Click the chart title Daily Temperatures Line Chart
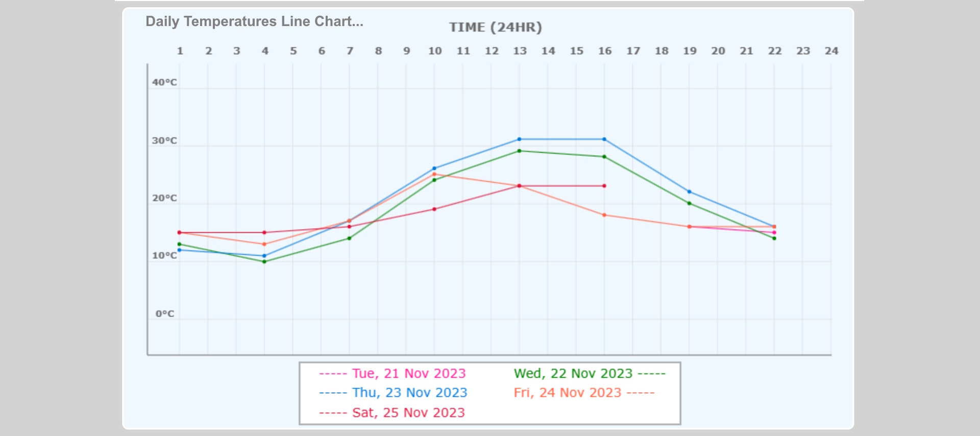click(254, 21)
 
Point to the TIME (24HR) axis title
click(495, 27)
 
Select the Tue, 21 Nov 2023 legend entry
click(392, 374)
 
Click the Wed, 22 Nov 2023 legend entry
click(590, 374)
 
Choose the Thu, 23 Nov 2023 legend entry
click(393, 393)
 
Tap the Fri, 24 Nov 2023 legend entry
click(584, 393)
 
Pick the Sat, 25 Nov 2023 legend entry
click(392, 413)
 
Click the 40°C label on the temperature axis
click(164, 82)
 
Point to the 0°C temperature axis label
click(165, 313)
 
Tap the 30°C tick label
click(164, 140)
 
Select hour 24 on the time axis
click(831, 51)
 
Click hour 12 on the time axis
click(492, 51)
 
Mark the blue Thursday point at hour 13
click(519, 139)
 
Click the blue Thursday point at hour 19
click(689, 191)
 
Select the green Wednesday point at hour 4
click(264, 261)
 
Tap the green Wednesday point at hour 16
click(604, 157)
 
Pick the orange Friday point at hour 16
click(604, 215)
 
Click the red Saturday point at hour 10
click(434, 209)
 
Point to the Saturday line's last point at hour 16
click(604, 186)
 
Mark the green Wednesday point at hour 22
click(774, 238)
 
